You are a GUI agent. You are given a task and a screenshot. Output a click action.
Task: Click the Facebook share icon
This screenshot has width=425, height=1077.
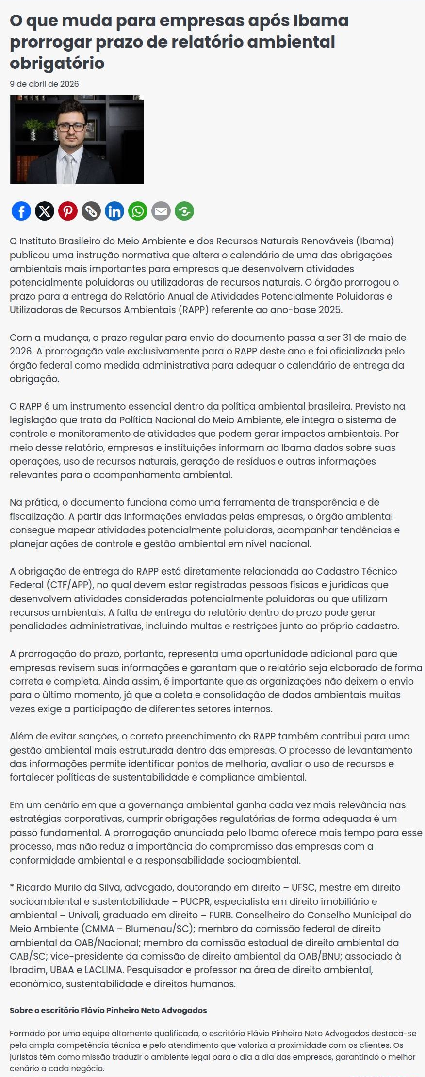(21, 211)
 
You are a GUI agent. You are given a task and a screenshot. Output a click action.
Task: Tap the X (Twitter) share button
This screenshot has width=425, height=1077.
(45, 211)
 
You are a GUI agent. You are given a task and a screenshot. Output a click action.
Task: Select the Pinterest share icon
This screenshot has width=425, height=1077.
(68, 211)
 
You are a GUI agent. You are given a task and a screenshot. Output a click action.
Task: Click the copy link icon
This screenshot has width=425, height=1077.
(91, 211)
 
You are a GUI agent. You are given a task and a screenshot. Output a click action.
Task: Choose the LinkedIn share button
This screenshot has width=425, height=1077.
(114, 211)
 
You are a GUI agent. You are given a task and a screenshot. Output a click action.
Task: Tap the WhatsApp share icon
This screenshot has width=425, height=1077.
(138, 211)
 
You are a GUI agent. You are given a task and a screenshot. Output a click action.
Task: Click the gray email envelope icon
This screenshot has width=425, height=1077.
(161, 211)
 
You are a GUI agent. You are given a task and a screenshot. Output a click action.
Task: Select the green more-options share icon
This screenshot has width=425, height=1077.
(184, 211)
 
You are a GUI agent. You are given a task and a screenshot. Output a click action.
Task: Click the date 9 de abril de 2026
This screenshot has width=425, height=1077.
(44, 84)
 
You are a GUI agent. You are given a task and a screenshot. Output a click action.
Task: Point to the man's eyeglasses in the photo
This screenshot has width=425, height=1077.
(71, 127)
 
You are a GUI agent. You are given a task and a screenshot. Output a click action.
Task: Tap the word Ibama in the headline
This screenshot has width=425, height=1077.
(321, 21)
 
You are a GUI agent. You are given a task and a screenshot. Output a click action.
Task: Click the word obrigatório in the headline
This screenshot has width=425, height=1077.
(57, 63)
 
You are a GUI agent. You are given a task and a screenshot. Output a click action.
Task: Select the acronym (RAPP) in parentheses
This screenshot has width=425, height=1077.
(194, 310)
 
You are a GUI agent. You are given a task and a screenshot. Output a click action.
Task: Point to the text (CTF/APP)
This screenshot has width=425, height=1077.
(70, 585)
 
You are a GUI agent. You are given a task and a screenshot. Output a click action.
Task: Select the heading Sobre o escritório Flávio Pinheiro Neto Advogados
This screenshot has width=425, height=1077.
(108, 1010)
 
